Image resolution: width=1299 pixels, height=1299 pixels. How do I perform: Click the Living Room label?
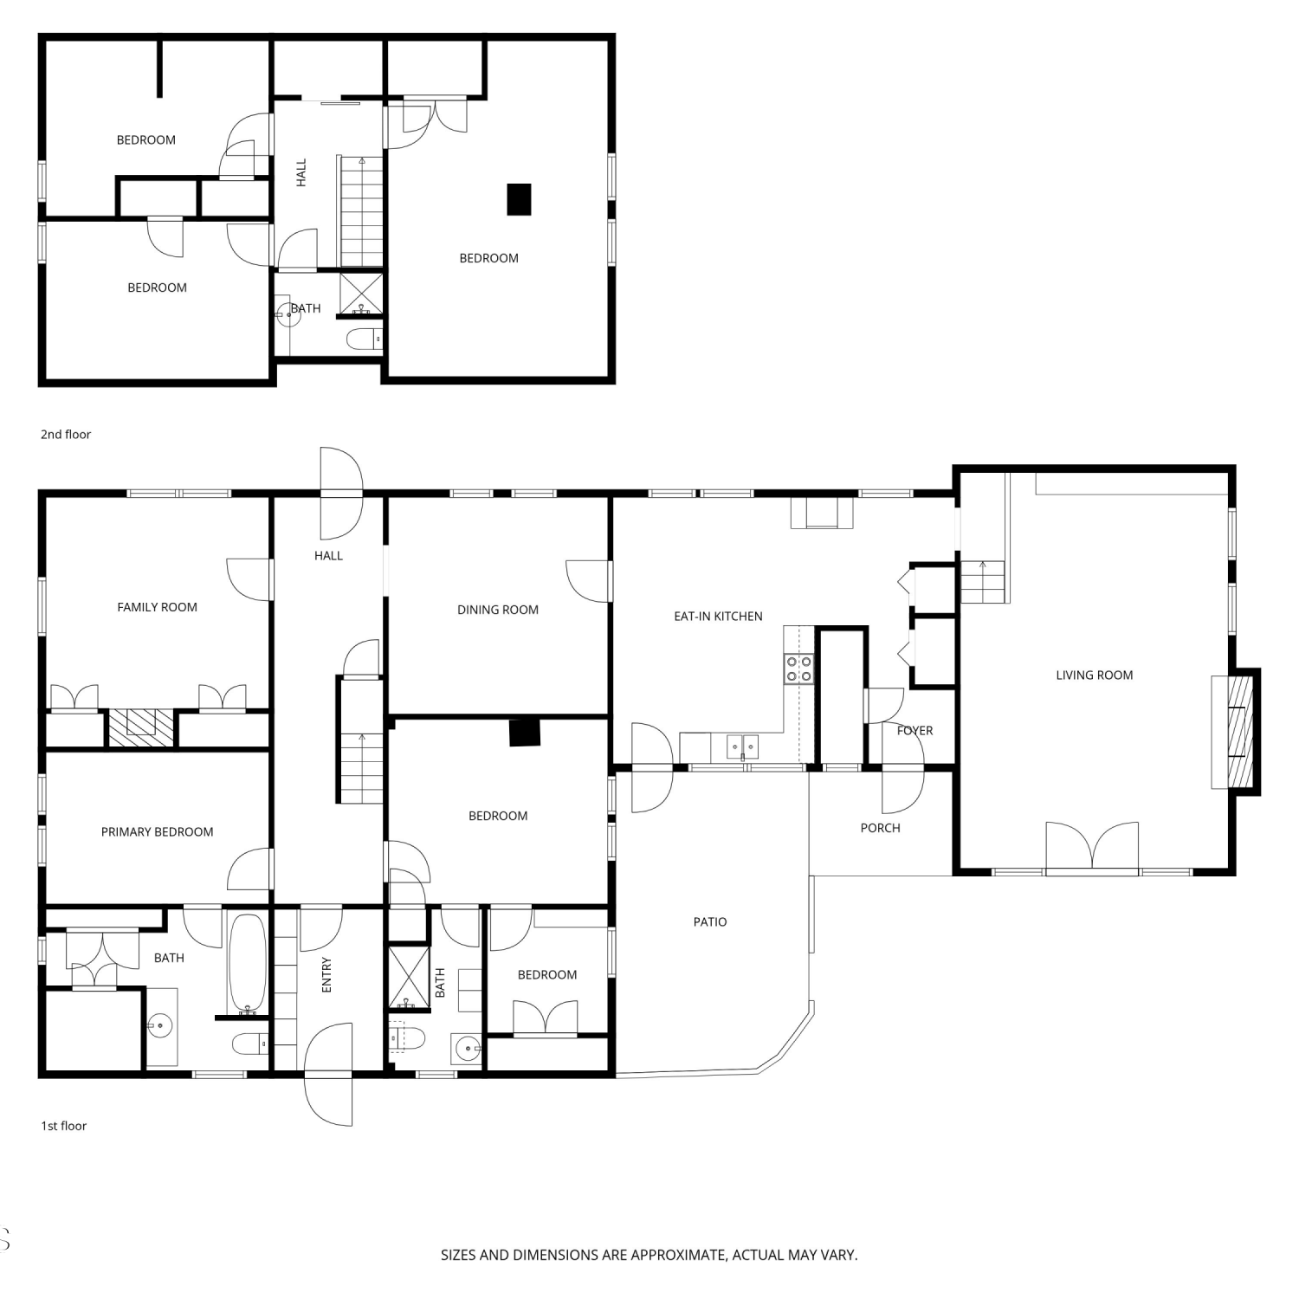coord(1094,675)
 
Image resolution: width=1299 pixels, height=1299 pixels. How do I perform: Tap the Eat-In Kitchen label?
coord(718,617)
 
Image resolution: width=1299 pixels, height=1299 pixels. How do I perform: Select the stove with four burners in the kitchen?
coord(798,669)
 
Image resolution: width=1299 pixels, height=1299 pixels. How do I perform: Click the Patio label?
coord(710,922)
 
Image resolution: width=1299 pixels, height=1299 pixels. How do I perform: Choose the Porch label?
coord(880,828)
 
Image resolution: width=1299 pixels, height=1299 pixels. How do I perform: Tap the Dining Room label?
coord(498,610)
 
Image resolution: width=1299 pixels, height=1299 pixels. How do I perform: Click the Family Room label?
coord(157,607)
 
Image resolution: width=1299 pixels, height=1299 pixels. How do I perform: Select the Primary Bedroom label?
coord(157,832)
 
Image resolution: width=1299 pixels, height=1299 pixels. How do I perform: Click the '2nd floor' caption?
coord(66,435)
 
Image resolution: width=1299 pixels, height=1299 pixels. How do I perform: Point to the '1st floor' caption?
coord(64,1126)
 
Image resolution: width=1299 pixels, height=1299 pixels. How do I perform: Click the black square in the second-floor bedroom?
coord(519,199)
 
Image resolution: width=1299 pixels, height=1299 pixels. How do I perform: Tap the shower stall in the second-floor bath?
coord(361,294)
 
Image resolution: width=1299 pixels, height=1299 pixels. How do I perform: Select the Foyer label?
coord(914,731)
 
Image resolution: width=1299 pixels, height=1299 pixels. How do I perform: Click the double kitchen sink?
coord(742,746)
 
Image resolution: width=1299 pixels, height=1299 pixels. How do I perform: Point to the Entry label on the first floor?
coord(326,975)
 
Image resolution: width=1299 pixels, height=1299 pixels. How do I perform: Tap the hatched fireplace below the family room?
coord(141,728)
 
